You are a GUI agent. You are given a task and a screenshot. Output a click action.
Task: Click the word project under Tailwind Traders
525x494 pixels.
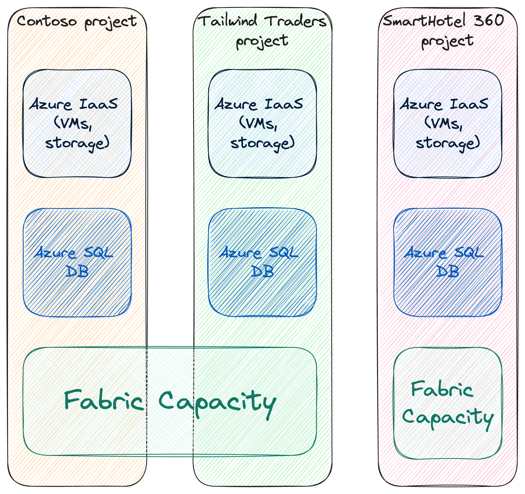pyautogui.click(x=261, y=41)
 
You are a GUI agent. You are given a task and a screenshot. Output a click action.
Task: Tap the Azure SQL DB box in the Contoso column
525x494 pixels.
pyautogui.click(x=77, y=262)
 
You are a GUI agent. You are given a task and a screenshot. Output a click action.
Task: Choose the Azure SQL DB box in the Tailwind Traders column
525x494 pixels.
pyautogui.click(x=262, y=262)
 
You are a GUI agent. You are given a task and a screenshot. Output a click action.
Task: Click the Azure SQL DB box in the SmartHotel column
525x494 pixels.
pyautogui.click(x=447, y=262)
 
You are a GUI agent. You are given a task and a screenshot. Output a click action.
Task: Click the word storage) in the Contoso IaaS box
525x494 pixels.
pyautogui.click(x=77, y=144)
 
